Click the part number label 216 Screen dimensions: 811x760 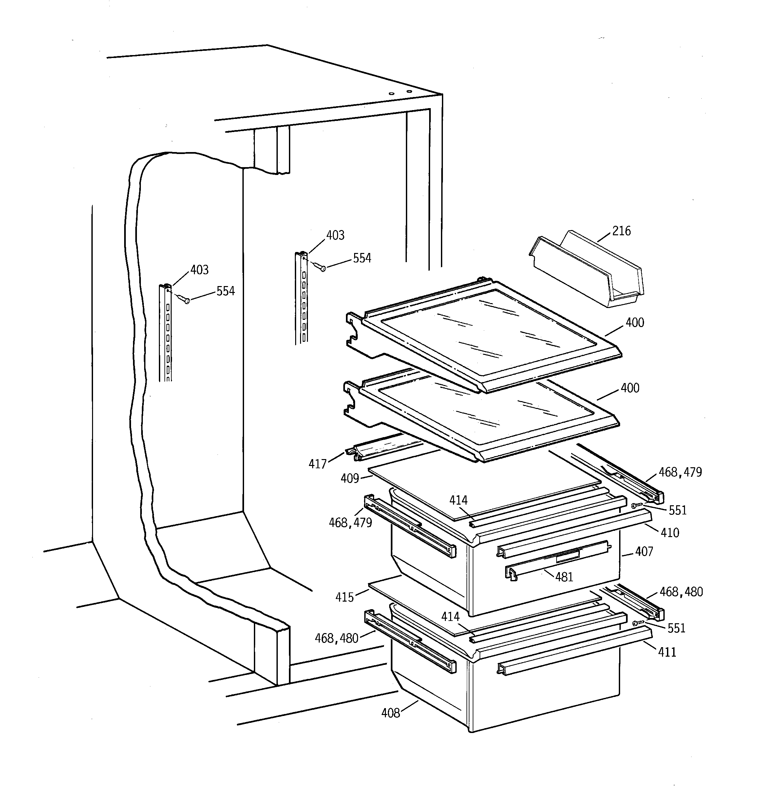coord(621,231)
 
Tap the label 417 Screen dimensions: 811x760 coord(317,464)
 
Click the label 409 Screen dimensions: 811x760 coord(350,478)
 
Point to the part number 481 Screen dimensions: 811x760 coord(564,577)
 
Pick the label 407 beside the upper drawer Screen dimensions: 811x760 coord(644,552)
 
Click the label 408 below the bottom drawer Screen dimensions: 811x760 coord(390,724)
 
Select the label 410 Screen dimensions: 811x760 coord(670,533)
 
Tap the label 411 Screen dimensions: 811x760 coord(667,652)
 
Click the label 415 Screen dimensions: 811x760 coord(344,598)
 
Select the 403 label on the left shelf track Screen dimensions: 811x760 coord(199,270)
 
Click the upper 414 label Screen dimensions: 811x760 coord(459,501)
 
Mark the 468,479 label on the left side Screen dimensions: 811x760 coord(351,523)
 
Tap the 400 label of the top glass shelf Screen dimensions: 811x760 coord(635,323)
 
